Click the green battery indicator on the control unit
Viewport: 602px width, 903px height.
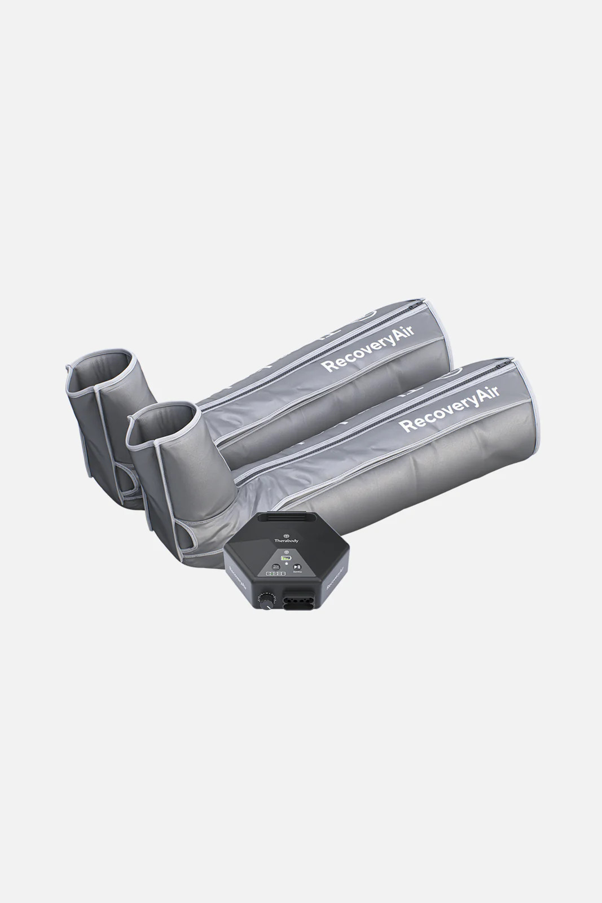pyautogui.click(x=286, y=558)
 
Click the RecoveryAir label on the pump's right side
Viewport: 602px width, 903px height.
pyautogui.click(x=335, y=581)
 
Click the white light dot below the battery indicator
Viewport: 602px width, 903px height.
pyautogui.click(x=287, y=563)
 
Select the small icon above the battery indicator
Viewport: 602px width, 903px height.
pyautogui.click(x=286, y=551)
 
